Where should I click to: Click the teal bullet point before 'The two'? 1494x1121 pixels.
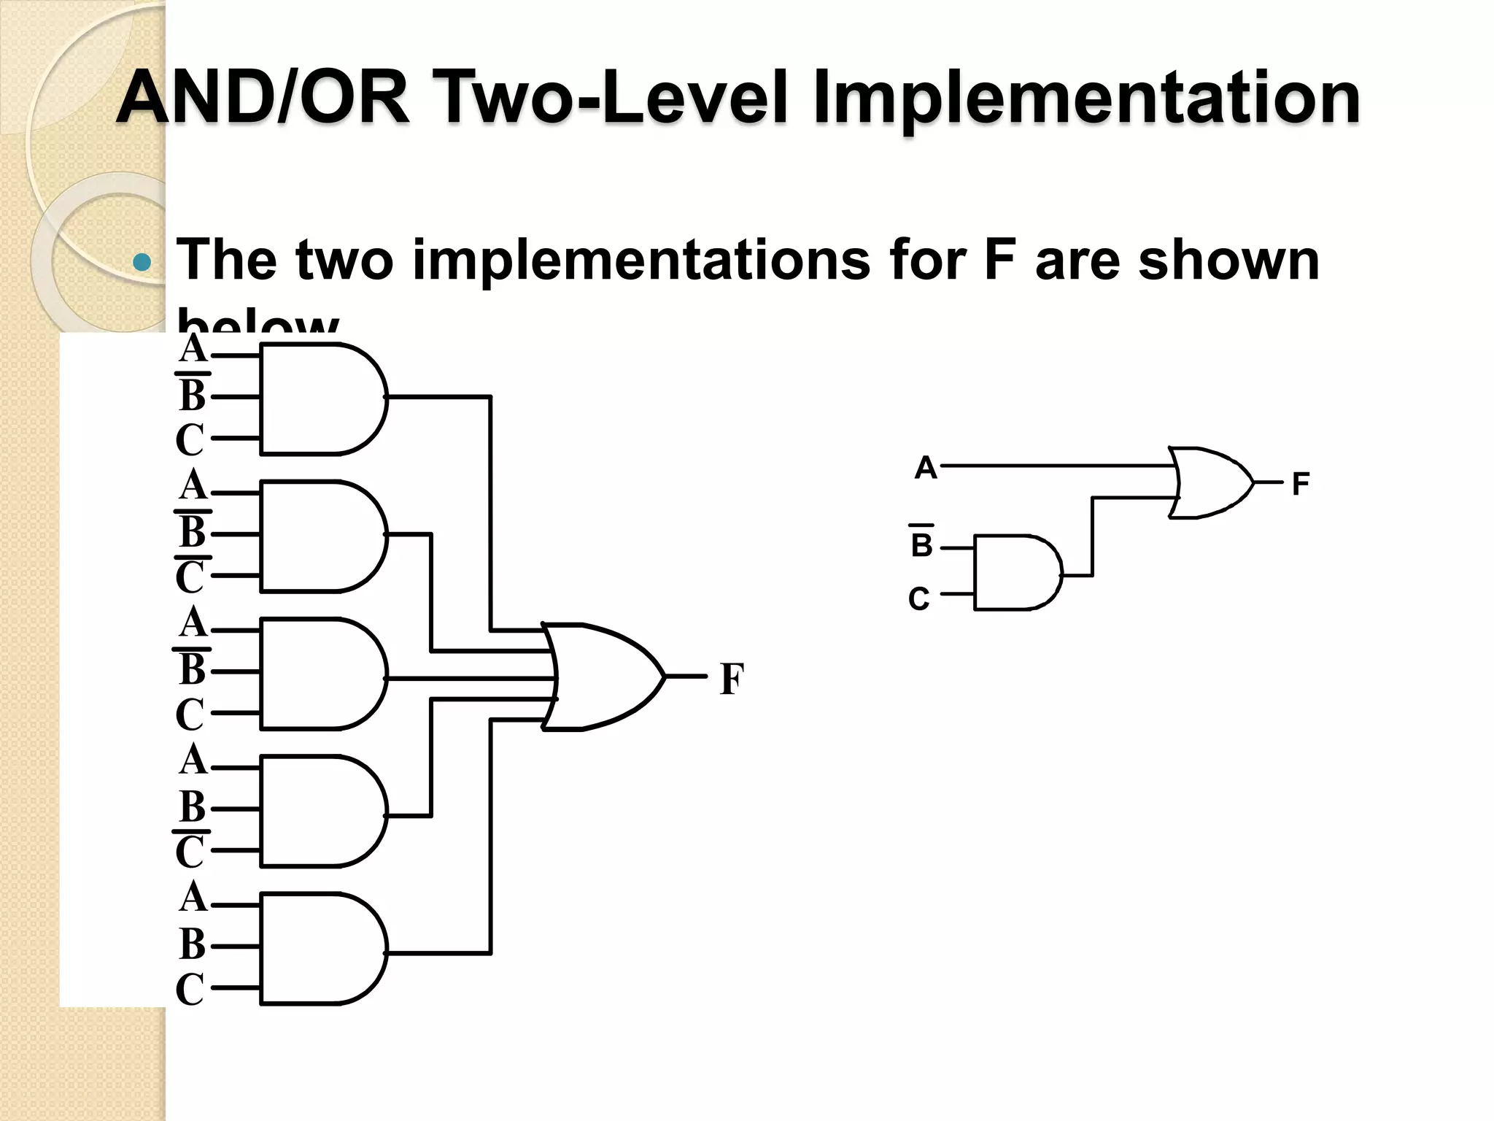pyautogui.click(x=143, y=263)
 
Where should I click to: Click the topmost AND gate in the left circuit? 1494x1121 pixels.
pyautogui.click(x=321, y=398)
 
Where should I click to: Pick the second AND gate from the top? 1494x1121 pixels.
pyautogui.click(x=321, y=536)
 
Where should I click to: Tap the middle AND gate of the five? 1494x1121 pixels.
pyautogui.click(x=321, y=674)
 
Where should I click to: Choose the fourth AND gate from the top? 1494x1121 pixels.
pyautogui.click(x=321, y=811)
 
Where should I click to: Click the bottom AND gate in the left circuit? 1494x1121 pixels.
pyautogui.click(x=321, y=949)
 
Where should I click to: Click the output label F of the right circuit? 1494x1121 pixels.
pyautogui.click(x=1300, y=484)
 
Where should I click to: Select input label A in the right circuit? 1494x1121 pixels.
pyautogui.click(x=925, y=467)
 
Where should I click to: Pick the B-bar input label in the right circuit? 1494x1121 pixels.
pyautogui.click(x=921, y=544)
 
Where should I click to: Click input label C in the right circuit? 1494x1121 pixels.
pyautogui.click(x=919, y=599)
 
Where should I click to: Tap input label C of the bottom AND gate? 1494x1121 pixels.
pyautogui.click(x=190, y=990)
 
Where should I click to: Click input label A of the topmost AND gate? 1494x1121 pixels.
pyautogui.click(x=193, y=349)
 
